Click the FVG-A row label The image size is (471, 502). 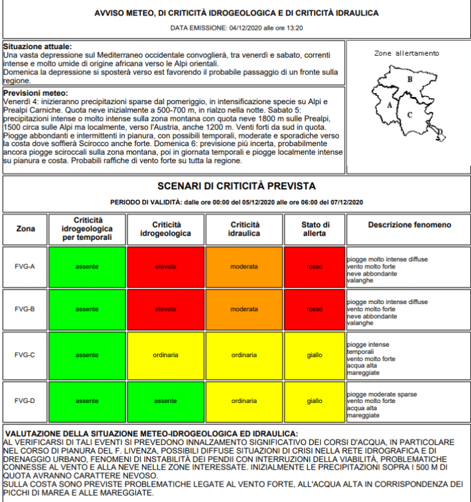25,267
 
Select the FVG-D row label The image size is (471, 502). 25,401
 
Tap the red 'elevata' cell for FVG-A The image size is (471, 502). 166,267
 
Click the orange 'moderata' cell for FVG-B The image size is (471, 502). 244,309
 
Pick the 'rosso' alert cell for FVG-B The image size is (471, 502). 314,309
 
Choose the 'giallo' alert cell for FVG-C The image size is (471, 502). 314,355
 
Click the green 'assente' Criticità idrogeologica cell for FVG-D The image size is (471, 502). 166,401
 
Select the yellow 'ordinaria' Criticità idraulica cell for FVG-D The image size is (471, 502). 244,401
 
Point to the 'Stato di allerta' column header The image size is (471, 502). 314,229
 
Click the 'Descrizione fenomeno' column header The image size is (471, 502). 410,224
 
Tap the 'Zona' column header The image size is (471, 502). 26,229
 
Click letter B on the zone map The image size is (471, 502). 410,80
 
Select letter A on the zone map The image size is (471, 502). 389,104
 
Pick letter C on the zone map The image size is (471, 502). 410,115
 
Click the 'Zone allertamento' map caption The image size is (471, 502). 406,54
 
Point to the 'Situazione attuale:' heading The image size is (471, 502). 38,47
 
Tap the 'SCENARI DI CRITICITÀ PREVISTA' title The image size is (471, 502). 236,186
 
